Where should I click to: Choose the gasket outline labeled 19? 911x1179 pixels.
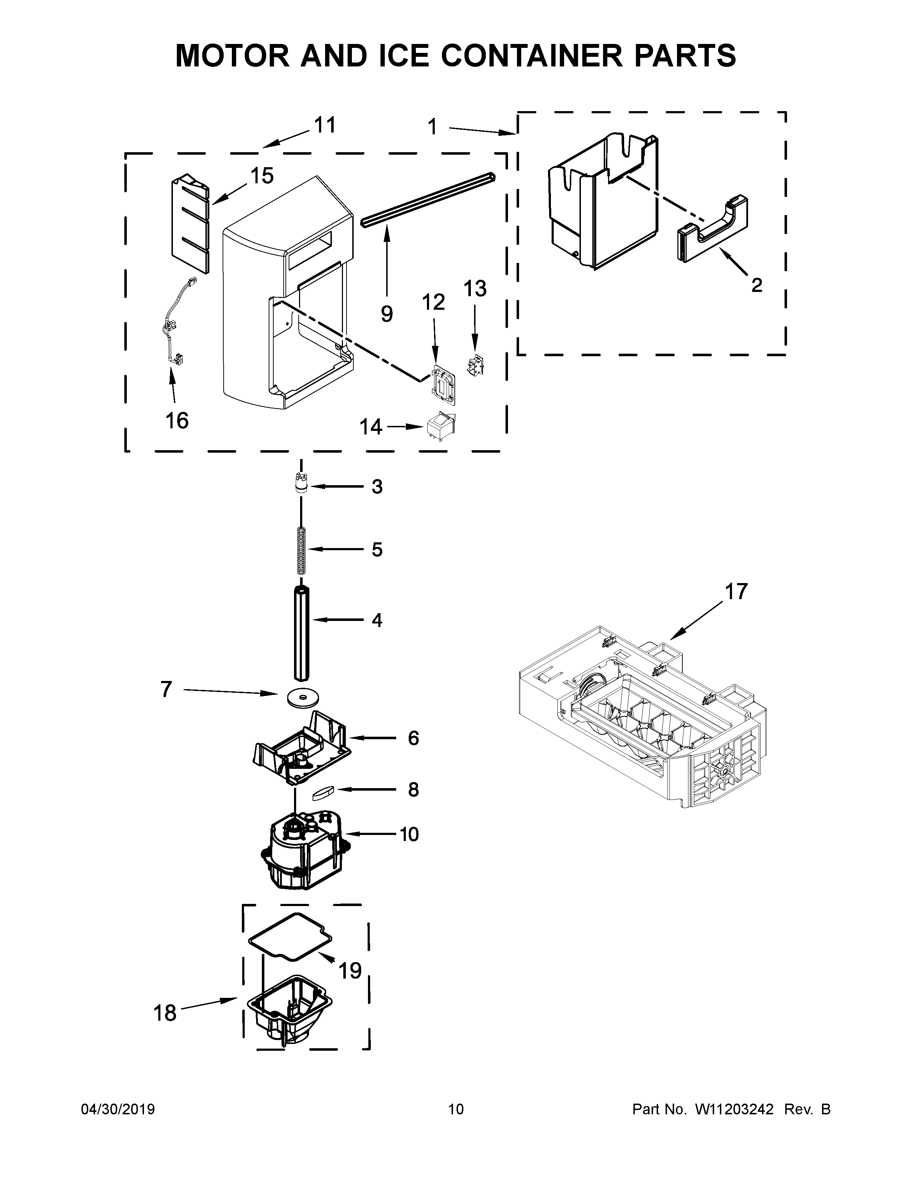click(290, 941)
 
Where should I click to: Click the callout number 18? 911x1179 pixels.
click(165, 1013)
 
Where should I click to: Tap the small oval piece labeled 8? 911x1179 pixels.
click(323, 791)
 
